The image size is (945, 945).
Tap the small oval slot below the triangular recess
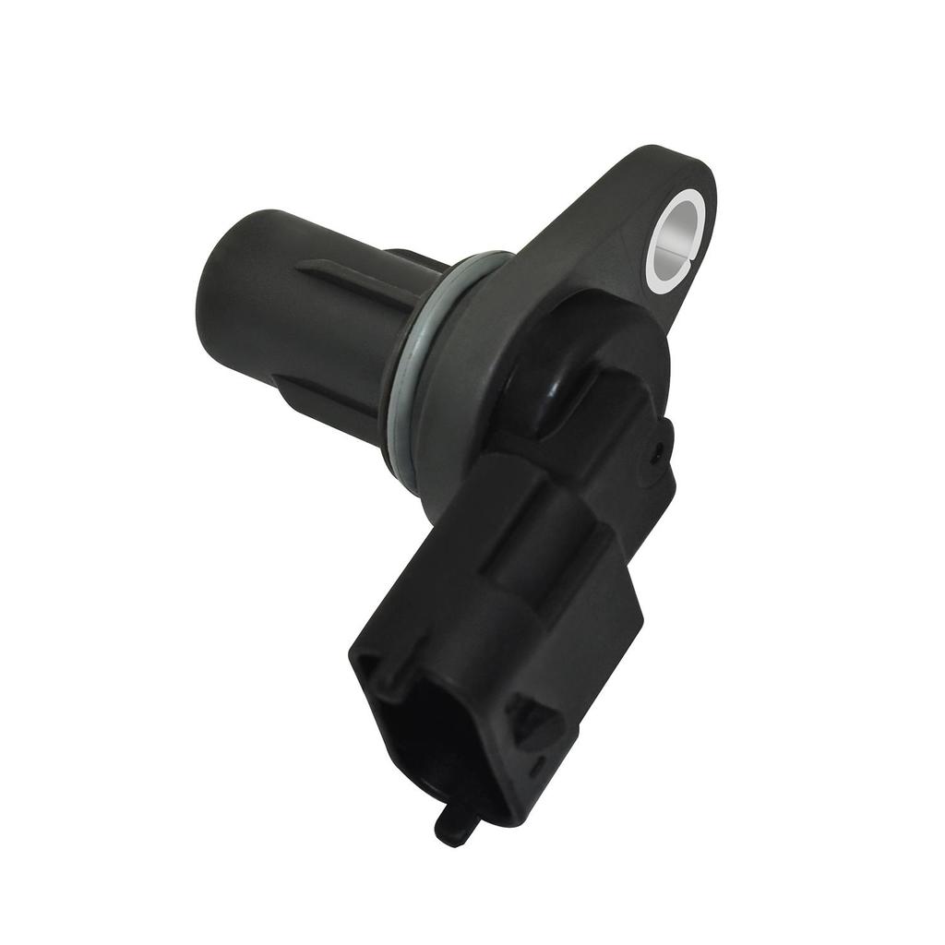(x=535, y=765)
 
